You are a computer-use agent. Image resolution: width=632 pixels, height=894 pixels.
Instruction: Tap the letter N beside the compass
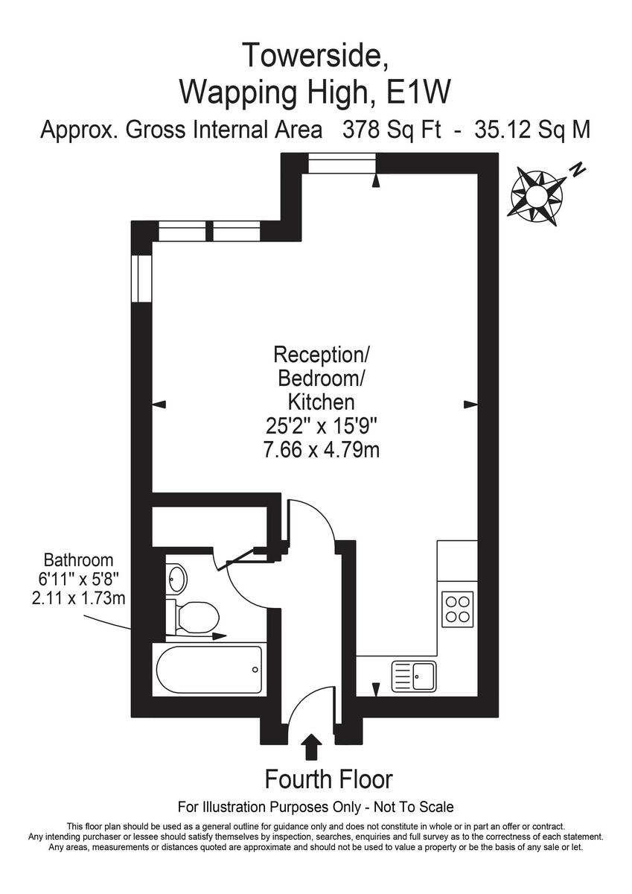pos(576,171)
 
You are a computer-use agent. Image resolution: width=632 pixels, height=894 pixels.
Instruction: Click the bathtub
pos(209,669)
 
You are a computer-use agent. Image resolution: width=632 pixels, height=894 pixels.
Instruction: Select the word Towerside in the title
pos(315,55)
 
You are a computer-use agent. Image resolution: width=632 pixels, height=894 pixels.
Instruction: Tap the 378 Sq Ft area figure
pos(391,130)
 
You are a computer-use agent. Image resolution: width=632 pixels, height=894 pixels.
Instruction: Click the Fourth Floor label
pos(328,779)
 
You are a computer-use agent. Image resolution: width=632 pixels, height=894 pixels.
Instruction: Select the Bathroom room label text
pos(78,559)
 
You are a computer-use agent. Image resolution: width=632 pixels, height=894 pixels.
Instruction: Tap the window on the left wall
pos(141,277)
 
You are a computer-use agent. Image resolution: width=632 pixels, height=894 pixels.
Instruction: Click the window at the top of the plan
pos(342,163)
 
